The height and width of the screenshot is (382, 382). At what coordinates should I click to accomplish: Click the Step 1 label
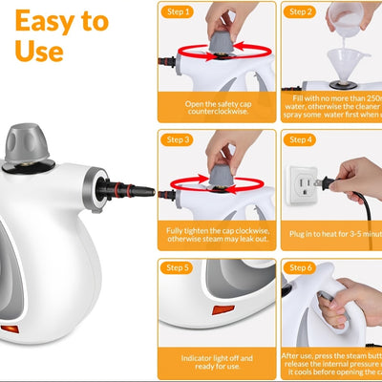tap(180, 12)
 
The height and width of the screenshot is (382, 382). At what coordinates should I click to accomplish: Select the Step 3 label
tap(180, 140)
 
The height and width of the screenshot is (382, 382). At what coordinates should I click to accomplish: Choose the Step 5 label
tap(180, 268)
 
